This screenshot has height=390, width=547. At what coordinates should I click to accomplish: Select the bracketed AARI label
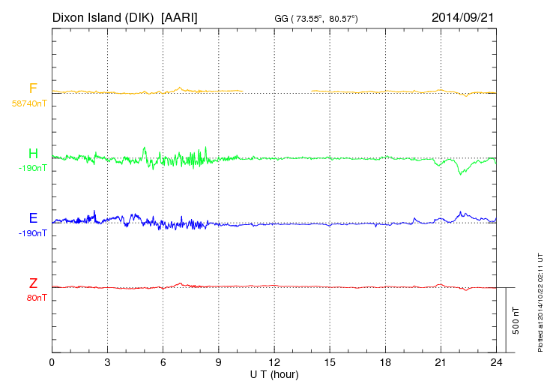pyautogui.click(x=179, y=17)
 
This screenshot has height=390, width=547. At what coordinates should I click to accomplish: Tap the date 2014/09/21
pyautogui.click(x=462, y=17)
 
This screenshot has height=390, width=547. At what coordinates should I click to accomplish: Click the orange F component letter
pyautogui.click(x=33, y=89)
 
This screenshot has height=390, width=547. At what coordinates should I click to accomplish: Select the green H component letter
pyautogui.click(x=33, y=154)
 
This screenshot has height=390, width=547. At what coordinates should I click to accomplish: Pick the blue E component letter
pyautogui.click(x=33, y=219)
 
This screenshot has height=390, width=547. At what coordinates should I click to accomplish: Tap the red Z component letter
pyautogui.click(x=33, y=283)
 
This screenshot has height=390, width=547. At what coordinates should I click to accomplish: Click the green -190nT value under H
pyautogui.click(x=32, y=168)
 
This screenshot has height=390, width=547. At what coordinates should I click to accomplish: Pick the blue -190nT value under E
pyautogui.click(x=32, y=233)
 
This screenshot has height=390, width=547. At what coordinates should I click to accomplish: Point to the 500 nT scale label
pyautogui.click(x=516, y=320)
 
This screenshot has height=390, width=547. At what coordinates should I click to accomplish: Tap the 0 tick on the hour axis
pyautogui.click(x=52, y=362)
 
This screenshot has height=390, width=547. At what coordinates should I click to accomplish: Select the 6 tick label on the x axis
pyautogui.click(x=163, y=362)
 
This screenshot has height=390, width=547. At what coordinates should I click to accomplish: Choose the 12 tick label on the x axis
pyautogui.click(x=274, y=362)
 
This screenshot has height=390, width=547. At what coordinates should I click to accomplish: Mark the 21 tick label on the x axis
pyautogui.click(x=441, y=362)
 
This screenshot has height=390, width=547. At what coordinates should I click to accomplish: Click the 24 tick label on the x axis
pyautogui.click(x=496, y=362)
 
